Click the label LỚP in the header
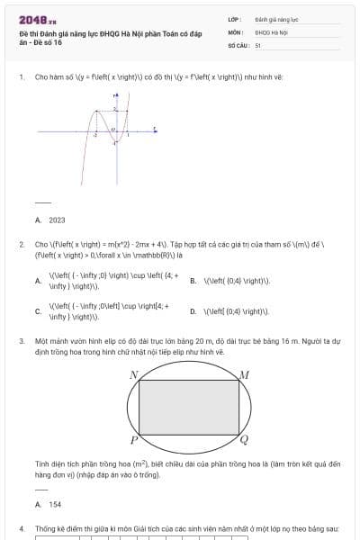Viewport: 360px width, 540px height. click(x=234, y=18)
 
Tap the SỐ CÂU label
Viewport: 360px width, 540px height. click(x=238, y=44)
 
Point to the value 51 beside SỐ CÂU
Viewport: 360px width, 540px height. click(x=258, y=44)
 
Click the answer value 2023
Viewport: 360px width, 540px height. click(x=57, y=219)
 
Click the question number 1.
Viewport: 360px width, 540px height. click(x=22, y=77)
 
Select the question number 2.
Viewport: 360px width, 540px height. click(x=22, y=244)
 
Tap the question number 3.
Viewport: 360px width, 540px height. click(x=22, y=342)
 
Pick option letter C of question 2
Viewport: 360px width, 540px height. click(x=38, y=311)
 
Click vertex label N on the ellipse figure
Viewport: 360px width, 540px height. click(x=133, y=374)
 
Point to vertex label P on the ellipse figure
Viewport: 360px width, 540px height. click(x=133, y=440)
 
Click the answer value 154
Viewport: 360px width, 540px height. click(x=56, y=505)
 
